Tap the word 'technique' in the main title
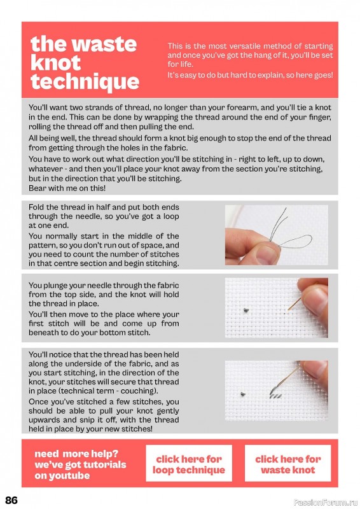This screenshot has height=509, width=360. (85, 82)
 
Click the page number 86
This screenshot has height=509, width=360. (11, 500)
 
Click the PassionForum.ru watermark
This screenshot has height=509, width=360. (326, 503)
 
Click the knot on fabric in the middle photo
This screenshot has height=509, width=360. (246, 310)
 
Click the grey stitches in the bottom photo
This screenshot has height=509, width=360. (276, 396)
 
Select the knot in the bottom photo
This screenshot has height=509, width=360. (242, 394)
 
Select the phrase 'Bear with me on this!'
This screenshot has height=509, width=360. (67, 188)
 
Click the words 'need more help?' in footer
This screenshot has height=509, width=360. (76, 454)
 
